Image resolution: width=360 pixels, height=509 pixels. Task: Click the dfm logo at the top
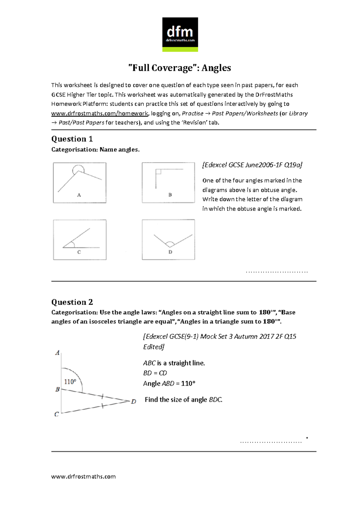[180, 34]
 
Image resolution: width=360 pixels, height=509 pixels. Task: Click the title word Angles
[216, 68]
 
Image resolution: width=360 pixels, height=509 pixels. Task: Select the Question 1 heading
[72, 139]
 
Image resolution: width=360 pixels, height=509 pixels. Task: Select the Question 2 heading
[72, 302]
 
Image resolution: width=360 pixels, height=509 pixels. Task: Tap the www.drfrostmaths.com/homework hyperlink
[100, 113]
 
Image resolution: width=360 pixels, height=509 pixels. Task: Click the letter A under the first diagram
[79, 195]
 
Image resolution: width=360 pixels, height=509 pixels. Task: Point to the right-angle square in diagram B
[158, 172]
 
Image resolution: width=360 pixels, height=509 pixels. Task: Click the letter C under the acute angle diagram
[79, 252]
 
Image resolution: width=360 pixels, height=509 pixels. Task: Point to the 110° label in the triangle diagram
[70, 382]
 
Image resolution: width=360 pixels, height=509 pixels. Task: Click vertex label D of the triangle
[133, 402]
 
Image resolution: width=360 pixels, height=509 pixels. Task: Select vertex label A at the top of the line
[57, 353]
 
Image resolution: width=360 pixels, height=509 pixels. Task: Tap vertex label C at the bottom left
[56, 414]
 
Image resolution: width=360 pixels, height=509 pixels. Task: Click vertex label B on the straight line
[57, 389]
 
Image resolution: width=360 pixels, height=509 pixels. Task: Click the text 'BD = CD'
[155, 373]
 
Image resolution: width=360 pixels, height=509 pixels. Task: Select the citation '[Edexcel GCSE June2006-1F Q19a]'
[252, 165]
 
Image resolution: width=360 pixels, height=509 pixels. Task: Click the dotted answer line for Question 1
[276, 272]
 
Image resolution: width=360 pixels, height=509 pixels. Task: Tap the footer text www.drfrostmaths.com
[83, 477]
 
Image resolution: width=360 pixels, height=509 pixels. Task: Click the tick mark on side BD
[102, 397]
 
